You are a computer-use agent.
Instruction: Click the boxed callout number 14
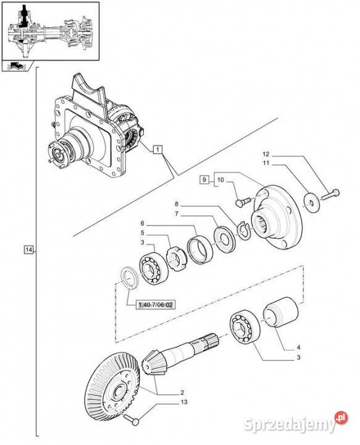tap(28, 250)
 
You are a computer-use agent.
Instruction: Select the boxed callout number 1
tap(158, 149)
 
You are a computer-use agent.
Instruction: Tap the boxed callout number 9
tap(204, 180)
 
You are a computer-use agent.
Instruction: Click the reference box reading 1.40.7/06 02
tap(156, 305)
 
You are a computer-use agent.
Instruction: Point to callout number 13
tap(184, 402)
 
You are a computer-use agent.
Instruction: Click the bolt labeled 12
tap(330, 195)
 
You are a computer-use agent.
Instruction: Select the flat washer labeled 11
tap(312, 202)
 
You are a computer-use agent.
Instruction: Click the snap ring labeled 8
tap(243, 230)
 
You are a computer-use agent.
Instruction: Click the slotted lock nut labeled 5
tap(176, 258)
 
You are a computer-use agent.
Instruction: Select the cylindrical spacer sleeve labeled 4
tap(281, 312)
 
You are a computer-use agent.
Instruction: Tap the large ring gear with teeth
tap(113, 386)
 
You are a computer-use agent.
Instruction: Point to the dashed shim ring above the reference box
tap(129, 278)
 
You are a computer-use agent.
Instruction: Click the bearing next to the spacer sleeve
tap(245, 328)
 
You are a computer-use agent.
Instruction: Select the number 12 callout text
tap(266, 154)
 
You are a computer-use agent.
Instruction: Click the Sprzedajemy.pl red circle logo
tap(341, 418)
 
